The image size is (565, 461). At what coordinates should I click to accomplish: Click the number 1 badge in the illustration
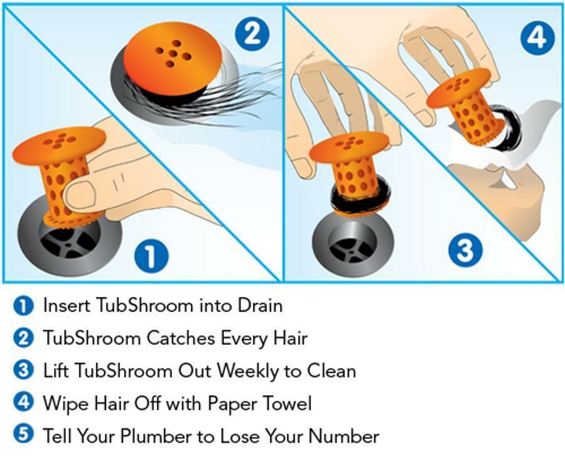[151, 257]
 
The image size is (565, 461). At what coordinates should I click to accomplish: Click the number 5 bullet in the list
[23, 435]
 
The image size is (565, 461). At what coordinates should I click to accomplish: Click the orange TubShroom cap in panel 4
[458, 87]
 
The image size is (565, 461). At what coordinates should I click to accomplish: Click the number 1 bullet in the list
[23, 306]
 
